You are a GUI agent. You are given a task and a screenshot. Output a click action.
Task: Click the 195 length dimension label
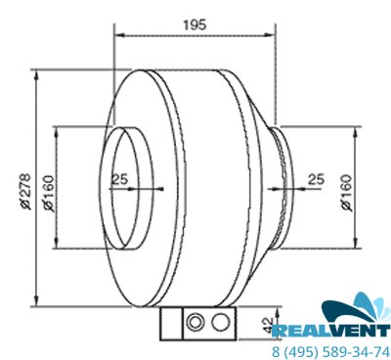point(195,24)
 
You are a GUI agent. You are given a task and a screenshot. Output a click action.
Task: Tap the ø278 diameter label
point(25,192)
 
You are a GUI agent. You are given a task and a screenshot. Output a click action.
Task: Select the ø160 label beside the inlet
point(48,194)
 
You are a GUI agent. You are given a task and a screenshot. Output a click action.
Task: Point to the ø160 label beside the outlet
point(347,194)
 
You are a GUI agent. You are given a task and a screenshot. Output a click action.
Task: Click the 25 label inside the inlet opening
point(120,179)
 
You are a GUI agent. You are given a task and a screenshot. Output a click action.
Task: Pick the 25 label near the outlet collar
point(317,179)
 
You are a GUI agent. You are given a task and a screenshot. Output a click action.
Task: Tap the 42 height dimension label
point(268,325)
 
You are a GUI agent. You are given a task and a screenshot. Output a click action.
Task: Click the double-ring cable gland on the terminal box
point(195,323)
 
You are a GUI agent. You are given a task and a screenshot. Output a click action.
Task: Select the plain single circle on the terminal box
point(220,323)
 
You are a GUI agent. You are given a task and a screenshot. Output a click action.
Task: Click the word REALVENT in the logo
point(331,332)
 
